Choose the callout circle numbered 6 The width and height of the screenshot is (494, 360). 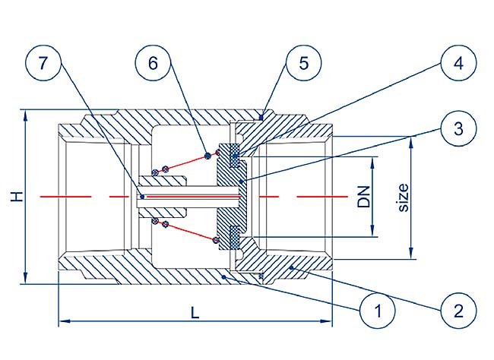click(154, 64)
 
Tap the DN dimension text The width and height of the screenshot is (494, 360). click(364, 196)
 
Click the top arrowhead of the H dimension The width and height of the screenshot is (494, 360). click(27, 115)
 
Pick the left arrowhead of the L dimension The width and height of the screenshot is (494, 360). click(63, 321)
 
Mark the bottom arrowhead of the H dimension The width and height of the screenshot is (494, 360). click(27, 280)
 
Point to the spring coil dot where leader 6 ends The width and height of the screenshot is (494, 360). click(207, 156)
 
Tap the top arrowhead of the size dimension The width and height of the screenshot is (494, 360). click(411, 139)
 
